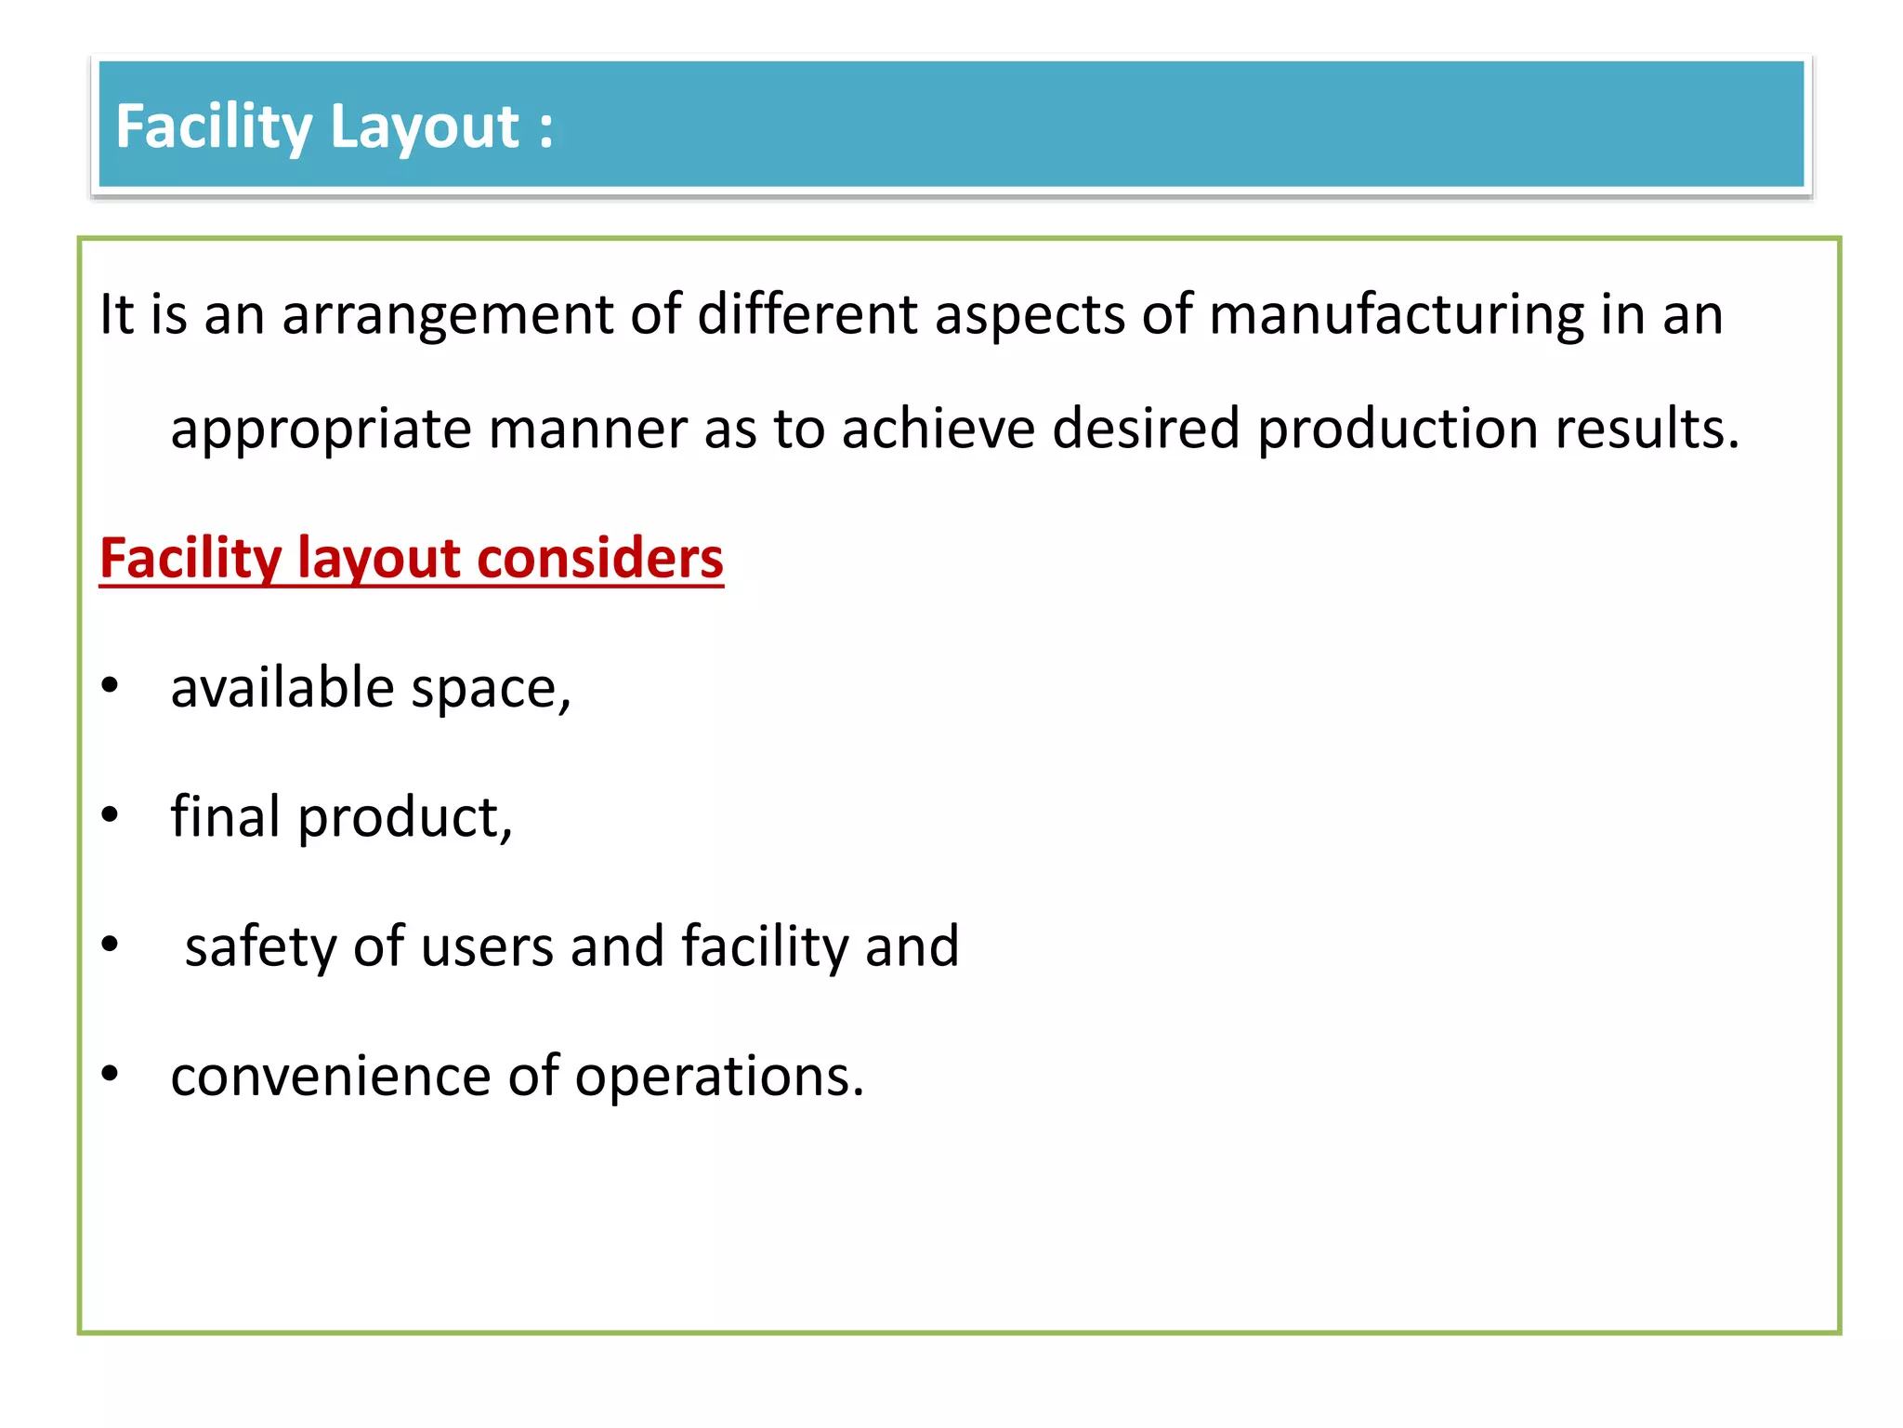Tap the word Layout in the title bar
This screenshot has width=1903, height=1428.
tap(424, 127)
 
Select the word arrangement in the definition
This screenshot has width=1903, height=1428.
tap(448, 316)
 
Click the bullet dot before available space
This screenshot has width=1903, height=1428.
tap(111, 686)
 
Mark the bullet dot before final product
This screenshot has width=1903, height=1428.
tap(111, 815)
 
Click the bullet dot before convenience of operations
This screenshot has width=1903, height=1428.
tap(111, 1074)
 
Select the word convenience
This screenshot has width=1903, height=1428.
tap(331, 1077)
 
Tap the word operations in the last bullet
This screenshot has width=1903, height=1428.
tap(719, 1078)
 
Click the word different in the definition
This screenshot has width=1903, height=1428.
tap(807, 314)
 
